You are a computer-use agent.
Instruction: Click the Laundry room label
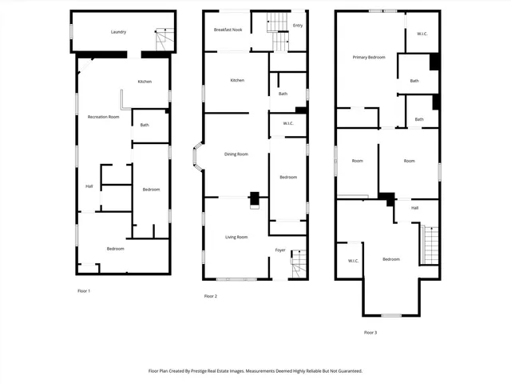pyautogui.click(x=121, y=32)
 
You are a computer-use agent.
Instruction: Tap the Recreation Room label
pyautogui.click(x=103, y=117)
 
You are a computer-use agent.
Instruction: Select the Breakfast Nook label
pyautogui.click(x=228, y=30)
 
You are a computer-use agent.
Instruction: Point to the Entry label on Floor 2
pyautogui.click(x=298, y=25)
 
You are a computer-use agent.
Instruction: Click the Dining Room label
pyautogui.click(x=236, y=154)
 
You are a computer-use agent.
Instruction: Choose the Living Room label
pyautogui.click(x=236, y=237)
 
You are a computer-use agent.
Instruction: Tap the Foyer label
pyautogui.click(x=280, y=250)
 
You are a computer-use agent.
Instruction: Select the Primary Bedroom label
pyautogui.click(x=370, y=58)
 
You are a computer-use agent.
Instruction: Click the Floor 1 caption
pyautogui.click(x=83, y=290)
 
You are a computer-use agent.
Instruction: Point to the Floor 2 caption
pyautogui.click(x=211, y=296)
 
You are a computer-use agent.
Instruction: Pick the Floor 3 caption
pyautogui.click(x=370, y=332)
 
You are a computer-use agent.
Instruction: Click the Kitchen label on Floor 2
pyautogui.click(x=237, y=80)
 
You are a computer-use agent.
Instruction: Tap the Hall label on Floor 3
pyautogui.click(x=414, y=208)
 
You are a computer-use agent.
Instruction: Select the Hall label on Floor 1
pyautogui.click(x=89, y=187)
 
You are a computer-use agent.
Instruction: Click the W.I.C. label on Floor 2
pyautogui.click(x=287, y=123)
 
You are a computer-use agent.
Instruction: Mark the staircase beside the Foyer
pyautogui.click(x=298, y=264)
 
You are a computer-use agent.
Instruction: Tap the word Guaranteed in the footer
pyautogui.click(x=345, y=371)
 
